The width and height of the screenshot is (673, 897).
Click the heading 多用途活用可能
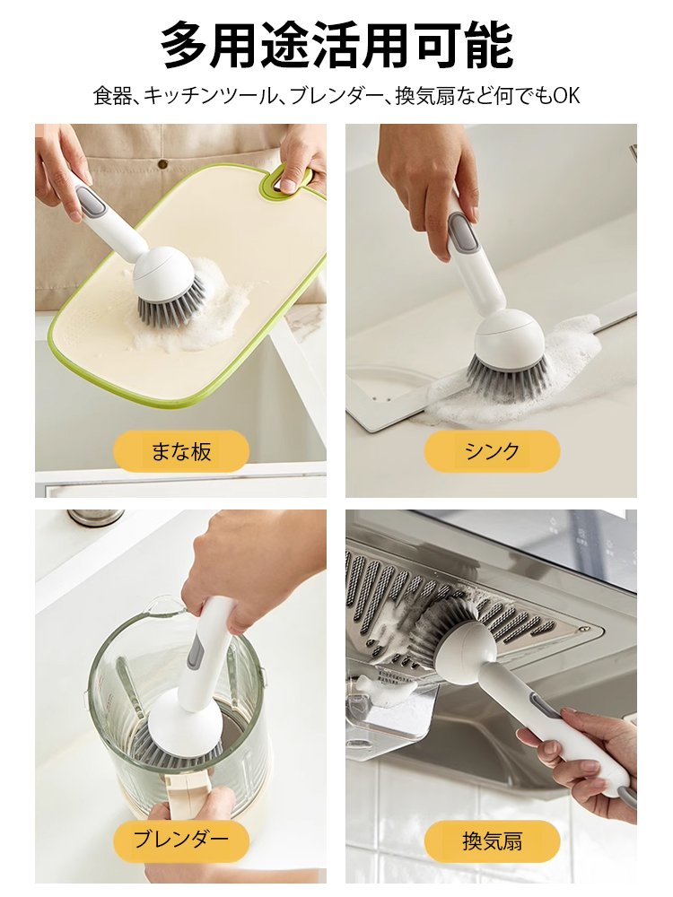pos(336,45)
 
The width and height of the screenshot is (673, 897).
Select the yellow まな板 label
pos(181,451)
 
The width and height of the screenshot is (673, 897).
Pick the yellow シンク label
pos(492,451)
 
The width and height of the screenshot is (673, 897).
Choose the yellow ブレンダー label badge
pos(181,840)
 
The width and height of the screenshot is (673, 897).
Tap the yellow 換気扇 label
pos(492,840)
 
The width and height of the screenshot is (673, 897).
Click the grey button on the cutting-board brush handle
pos(92,204)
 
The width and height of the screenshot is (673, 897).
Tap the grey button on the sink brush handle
pos(461,235)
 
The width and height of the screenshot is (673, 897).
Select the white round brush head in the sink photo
pos(508,337)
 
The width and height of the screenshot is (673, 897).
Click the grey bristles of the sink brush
pos(507,377)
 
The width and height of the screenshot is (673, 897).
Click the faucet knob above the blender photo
pos(95,517)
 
